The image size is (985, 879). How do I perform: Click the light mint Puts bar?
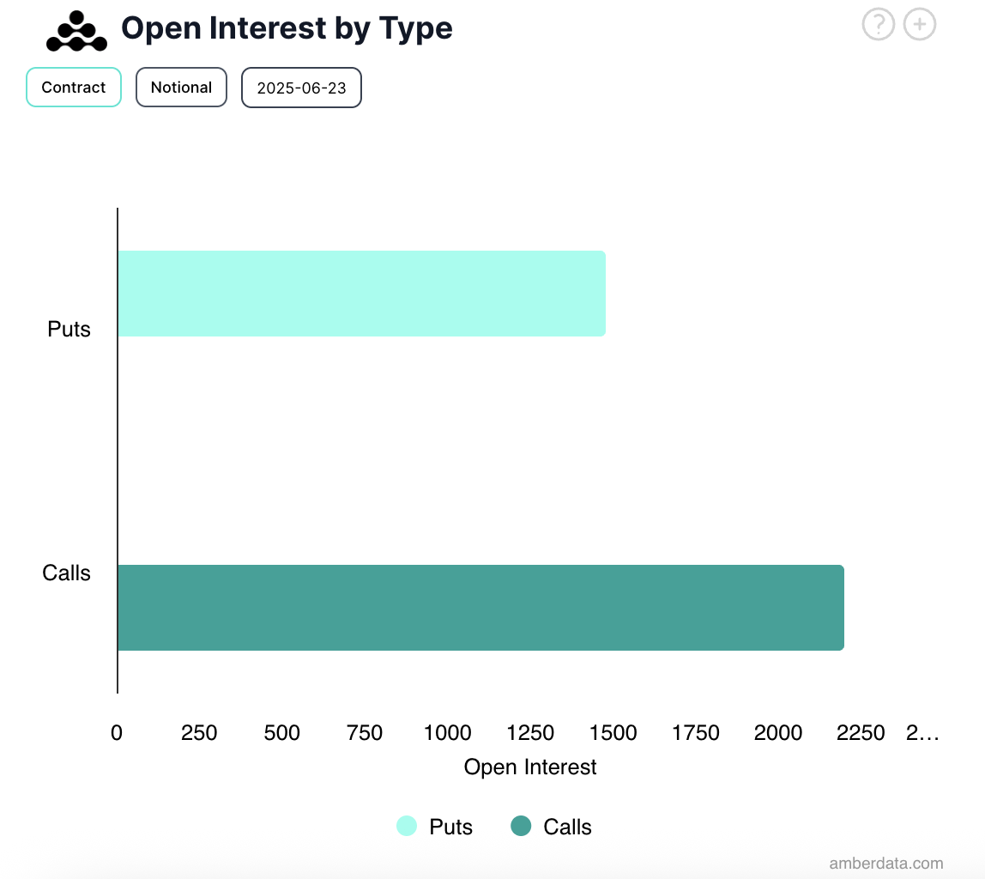[x=361, y=294]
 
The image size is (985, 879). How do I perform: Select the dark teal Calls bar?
[x=480, y=608]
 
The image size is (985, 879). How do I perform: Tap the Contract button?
[x=74, y=88]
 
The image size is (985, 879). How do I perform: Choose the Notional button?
[x=181, y=88]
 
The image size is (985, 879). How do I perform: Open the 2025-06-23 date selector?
[x=301, y=88]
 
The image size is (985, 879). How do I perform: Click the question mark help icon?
[x=878, y=25]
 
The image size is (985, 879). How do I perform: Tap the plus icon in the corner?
[x=920, y=25]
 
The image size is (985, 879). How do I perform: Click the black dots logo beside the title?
[x=76, y=31]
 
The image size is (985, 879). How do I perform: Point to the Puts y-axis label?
[x=69, y=330]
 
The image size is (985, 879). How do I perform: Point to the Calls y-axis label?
[x=66, y=573]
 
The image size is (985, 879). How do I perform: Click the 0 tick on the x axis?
[x=117, y=733]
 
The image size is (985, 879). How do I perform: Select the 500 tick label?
[x=282, y=733]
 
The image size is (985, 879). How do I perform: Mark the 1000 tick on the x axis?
[x=447, y=733]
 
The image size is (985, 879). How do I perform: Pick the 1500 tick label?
[x=613, y=733]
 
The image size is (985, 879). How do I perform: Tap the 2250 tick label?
[x=861, y=733]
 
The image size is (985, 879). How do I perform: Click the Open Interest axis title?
[x=530, y=767]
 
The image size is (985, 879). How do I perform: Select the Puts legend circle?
[x=407, y=827]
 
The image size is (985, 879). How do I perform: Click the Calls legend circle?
[x=521, y=827]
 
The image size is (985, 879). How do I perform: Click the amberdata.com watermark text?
[x=886, y=864]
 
